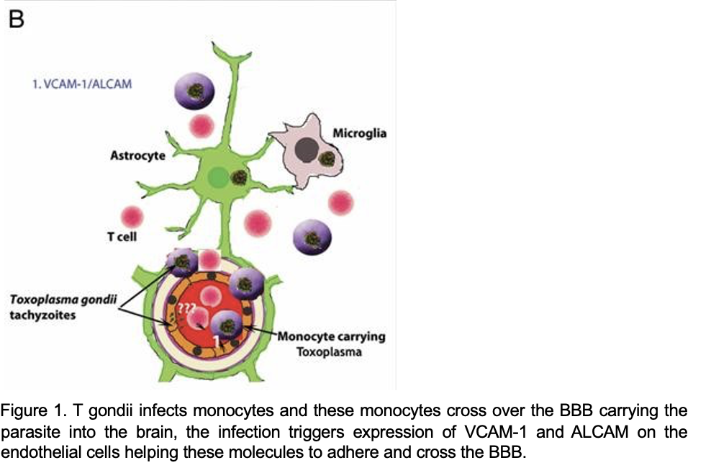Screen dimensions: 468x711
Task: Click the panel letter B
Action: point(15,19)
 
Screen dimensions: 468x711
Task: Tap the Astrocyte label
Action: point(137,155)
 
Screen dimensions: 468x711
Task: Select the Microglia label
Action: point(359,133)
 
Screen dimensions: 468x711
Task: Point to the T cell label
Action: point(122,236)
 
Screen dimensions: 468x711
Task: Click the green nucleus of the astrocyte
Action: point(215,177)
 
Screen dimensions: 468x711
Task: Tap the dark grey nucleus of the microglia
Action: point(307,150)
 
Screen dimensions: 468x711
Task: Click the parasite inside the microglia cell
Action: point(327,159)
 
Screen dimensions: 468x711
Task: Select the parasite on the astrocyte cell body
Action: point(239,177)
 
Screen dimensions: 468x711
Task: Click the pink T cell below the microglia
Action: point(340,203)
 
